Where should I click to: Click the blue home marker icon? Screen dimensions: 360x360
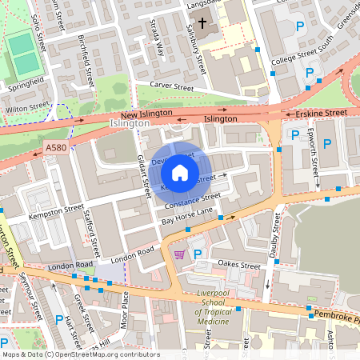(180, 171)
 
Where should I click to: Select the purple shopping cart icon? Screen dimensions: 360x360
(180, 254)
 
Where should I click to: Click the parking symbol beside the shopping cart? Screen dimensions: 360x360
(198, 254)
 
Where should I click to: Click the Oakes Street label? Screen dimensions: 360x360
(239, 266)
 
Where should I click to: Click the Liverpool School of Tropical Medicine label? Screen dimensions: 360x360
(213, 308)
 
